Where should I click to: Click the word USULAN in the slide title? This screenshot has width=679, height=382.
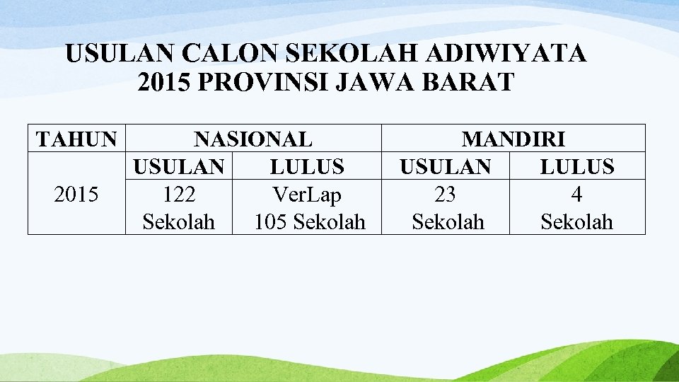tap(120, 54)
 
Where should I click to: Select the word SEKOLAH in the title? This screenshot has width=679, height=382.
tap(356, 54)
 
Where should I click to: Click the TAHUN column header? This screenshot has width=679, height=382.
tap(76, 139)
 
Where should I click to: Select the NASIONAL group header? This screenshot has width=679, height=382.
tap(253, 139)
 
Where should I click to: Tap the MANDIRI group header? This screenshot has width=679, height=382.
tap(513, 139)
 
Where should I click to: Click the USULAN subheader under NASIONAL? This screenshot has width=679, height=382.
tap(179, 167)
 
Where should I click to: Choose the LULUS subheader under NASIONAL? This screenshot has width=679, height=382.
tap(307, 167)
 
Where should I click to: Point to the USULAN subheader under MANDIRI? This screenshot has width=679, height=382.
tap(445, 167)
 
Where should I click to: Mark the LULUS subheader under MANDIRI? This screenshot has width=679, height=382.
tap(576, 167)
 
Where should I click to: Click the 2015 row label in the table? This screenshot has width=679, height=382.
tap(76, 195)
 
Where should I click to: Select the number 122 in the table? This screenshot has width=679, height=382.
tap(179, 195)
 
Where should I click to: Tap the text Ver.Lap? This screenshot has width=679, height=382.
tap(307, 195)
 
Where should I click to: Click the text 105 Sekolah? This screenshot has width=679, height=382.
tap(310, 222)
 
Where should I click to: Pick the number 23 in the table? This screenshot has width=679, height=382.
tap(445, 195)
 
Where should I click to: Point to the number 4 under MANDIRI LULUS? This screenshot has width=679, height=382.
tap(576, 195)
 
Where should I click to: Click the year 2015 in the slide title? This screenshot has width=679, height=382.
tap(164, 82)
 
